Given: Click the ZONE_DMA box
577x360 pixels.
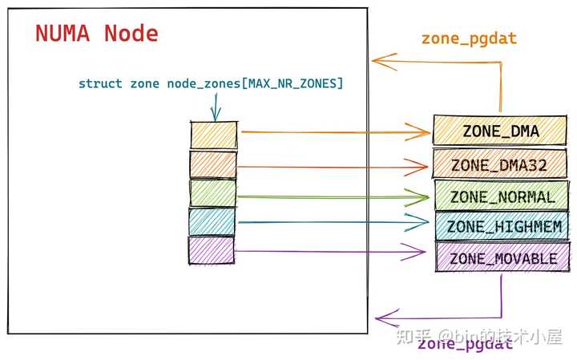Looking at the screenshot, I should [501, 130].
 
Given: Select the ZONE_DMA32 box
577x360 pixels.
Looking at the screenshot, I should [501, 164].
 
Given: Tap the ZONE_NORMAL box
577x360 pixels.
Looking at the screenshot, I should [502, 196].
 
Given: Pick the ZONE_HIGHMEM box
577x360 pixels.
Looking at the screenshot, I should [502, 227].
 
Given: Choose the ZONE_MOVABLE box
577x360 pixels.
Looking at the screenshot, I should [502, 258].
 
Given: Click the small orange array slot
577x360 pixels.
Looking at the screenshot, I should [214, 134].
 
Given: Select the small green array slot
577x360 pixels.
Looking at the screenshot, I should [213, 192].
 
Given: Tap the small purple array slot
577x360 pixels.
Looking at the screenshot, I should [212, 249].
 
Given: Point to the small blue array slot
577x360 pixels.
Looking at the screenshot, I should [212, 221].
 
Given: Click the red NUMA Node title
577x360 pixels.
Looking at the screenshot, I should [97, 34].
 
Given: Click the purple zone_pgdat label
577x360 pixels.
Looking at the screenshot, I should [465, 346].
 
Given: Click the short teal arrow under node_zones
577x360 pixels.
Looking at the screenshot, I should [215, 107].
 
